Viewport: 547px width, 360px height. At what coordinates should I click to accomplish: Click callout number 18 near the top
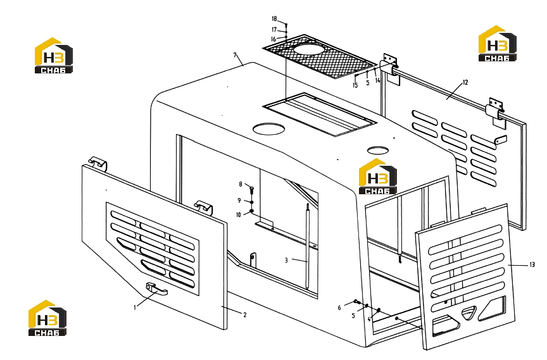[274, 19]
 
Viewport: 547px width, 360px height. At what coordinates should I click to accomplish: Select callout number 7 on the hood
[235, 55]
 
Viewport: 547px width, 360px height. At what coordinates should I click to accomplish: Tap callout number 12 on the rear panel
[465, 82]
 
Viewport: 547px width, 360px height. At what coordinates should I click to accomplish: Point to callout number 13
[532, 265]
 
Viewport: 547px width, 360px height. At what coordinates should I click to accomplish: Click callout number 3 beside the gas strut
[286, 260]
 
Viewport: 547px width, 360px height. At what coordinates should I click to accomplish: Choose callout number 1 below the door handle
[135, 307]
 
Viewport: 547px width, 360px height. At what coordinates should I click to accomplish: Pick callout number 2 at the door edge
[245, 314]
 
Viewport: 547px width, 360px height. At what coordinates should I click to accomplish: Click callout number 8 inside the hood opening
[241, 184]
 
